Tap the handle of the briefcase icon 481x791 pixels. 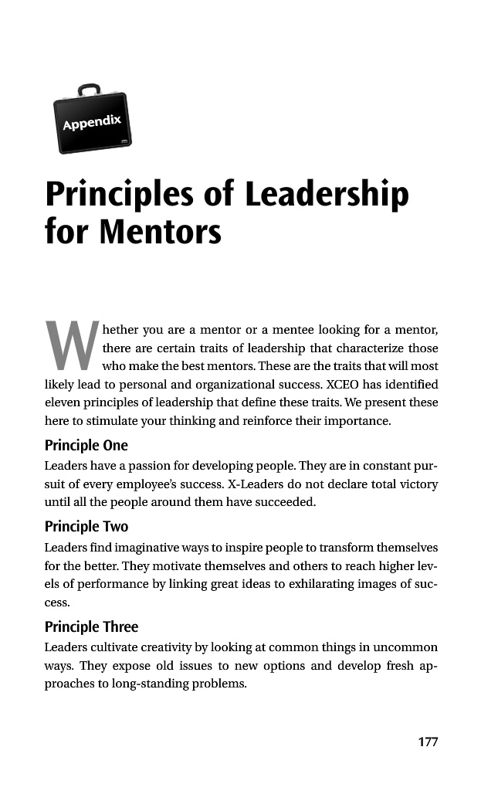pos(89,90)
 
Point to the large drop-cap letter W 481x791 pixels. pos(70,345)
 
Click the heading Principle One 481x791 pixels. pos(86,446)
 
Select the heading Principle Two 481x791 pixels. pos(86,527)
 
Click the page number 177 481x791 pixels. pos(427,742)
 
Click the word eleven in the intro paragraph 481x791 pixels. pos(63,402)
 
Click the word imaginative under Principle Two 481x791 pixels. pos(158,547)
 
